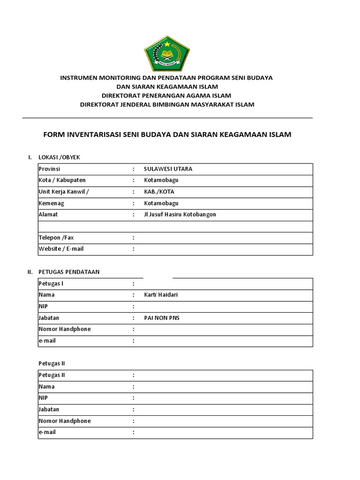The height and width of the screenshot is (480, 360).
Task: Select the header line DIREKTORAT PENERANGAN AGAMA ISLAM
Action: pyautogui.click(x=167, y=96)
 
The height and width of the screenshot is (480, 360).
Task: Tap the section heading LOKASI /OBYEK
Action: pyautogui.click(x=62, y=157)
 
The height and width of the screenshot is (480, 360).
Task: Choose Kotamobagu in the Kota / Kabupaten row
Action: pyautogui.click(x=161, y=180)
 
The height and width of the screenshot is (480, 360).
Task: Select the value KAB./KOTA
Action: pyautogui.click(x=159, y=192)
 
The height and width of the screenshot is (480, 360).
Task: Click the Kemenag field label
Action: pyautogui.click(x=51, y=203)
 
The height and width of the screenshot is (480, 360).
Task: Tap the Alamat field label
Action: pyautogui.click(x=48, y=214)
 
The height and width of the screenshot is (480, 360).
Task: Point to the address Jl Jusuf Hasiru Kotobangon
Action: pyautogui.click(x=180, y=214)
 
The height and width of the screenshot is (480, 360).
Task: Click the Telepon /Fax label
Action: pyautogui.click(x=56, y=238)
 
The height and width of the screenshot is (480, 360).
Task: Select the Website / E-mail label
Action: pyautogui.click(x=61, y=248)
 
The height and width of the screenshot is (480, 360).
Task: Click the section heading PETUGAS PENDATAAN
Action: pyautogui.click(x=68, y=272)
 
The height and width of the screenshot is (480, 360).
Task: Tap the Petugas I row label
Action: pyautogui.click(x=51, y=284)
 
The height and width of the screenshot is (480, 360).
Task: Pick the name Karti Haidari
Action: pyautogui.click(x=161, y=295)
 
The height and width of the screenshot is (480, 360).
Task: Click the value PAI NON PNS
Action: pyautogui.click(x=162, y=318)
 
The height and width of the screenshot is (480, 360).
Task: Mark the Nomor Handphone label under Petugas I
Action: pyautogui.click(x=64, y=329)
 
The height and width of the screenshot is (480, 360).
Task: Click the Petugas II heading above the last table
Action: pyautogui.click(x=52, y=363)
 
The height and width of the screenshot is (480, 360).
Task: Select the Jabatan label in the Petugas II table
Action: pyautogui.click(x=49, y=409)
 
